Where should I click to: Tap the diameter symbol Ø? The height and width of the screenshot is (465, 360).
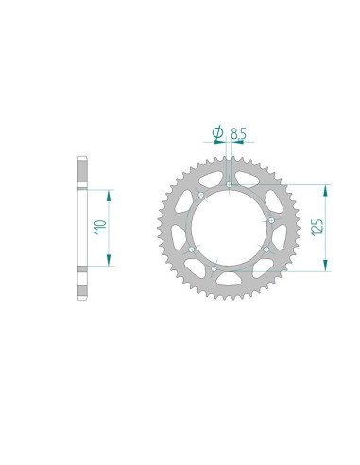click(217, 134)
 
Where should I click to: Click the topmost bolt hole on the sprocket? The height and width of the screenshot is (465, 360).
click(230, 183)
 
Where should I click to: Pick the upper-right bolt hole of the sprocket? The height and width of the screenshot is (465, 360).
click(272, 220)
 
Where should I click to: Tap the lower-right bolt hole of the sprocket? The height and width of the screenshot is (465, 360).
click(266, 250)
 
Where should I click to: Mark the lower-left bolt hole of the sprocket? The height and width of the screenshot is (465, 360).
click(190, 250)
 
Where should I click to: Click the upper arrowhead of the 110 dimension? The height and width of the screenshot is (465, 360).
click(111, 192)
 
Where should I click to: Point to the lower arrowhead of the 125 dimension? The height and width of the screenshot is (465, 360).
click(326, 268)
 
